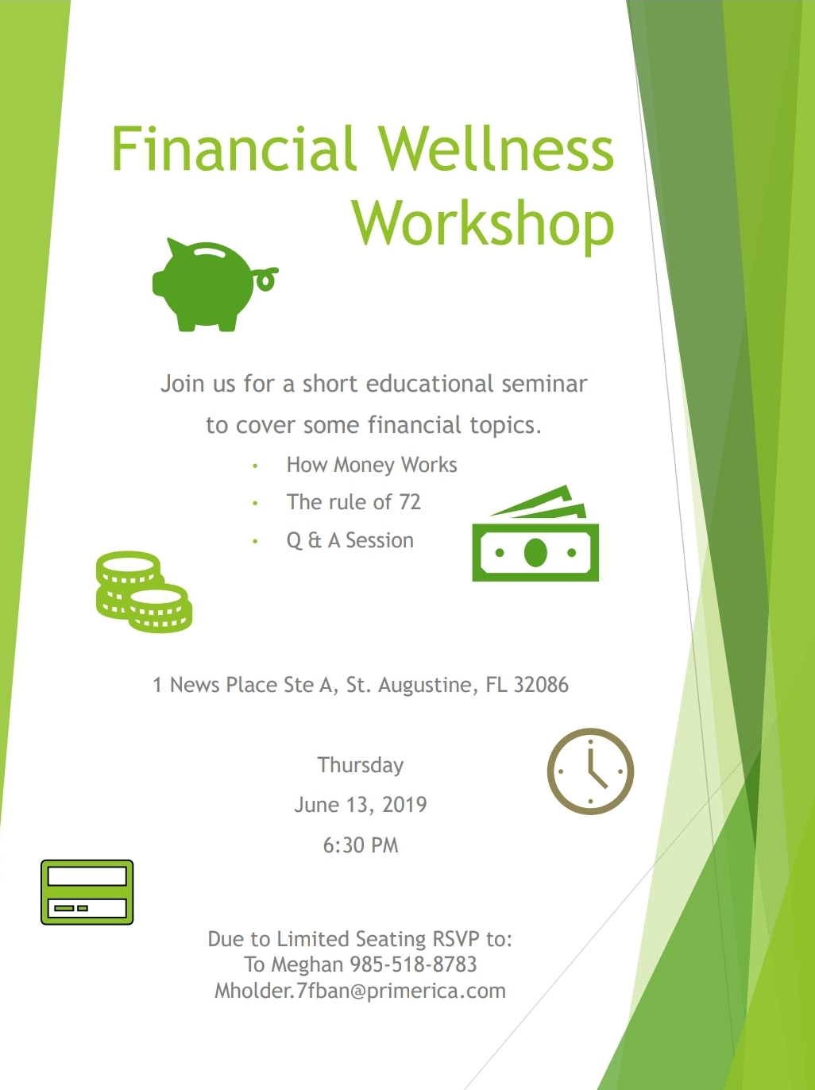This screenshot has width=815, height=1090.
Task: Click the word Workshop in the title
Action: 484,223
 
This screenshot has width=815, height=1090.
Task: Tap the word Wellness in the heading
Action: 496,149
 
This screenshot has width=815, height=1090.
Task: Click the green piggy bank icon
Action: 215,284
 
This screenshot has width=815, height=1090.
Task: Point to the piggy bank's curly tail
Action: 267,279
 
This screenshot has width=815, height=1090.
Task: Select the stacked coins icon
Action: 144,591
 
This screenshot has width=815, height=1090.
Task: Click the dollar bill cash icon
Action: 535,533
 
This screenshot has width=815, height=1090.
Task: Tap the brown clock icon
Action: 590,771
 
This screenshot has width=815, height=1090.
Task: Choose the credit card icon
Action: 87,892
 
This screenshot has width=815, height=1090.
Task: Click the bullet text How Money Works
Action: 372,465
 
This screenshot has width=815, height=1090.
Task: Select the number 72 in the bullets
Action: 409,502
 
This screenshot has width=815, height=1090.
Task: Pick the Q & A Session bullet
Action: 350,540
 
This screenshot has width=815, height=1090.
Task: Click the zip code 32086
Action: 541,685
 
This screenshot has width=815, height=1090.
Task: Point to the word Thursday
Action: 361,765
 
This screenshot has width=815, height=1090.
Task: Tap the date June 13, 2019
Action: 361,805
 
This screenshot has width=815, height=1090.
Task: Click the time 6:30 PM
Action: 361,845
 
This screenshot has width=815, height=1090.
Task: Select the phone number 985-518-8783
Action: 413,964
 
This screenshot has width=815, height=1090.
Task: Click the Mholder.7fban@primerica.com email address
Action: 361,991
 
